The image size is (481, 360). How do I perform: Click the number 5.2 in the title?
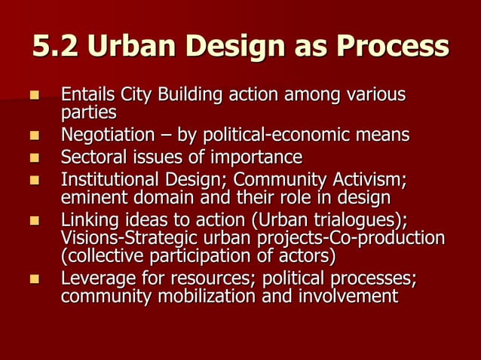[x=56, y=47]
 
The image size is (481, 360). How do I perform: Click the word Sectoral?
[x=89, y=157]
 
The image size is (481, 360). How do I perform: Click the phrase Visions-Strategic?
[x=121, y=238]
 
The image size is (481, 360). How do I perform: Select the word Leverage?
[x=93, y=279]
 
